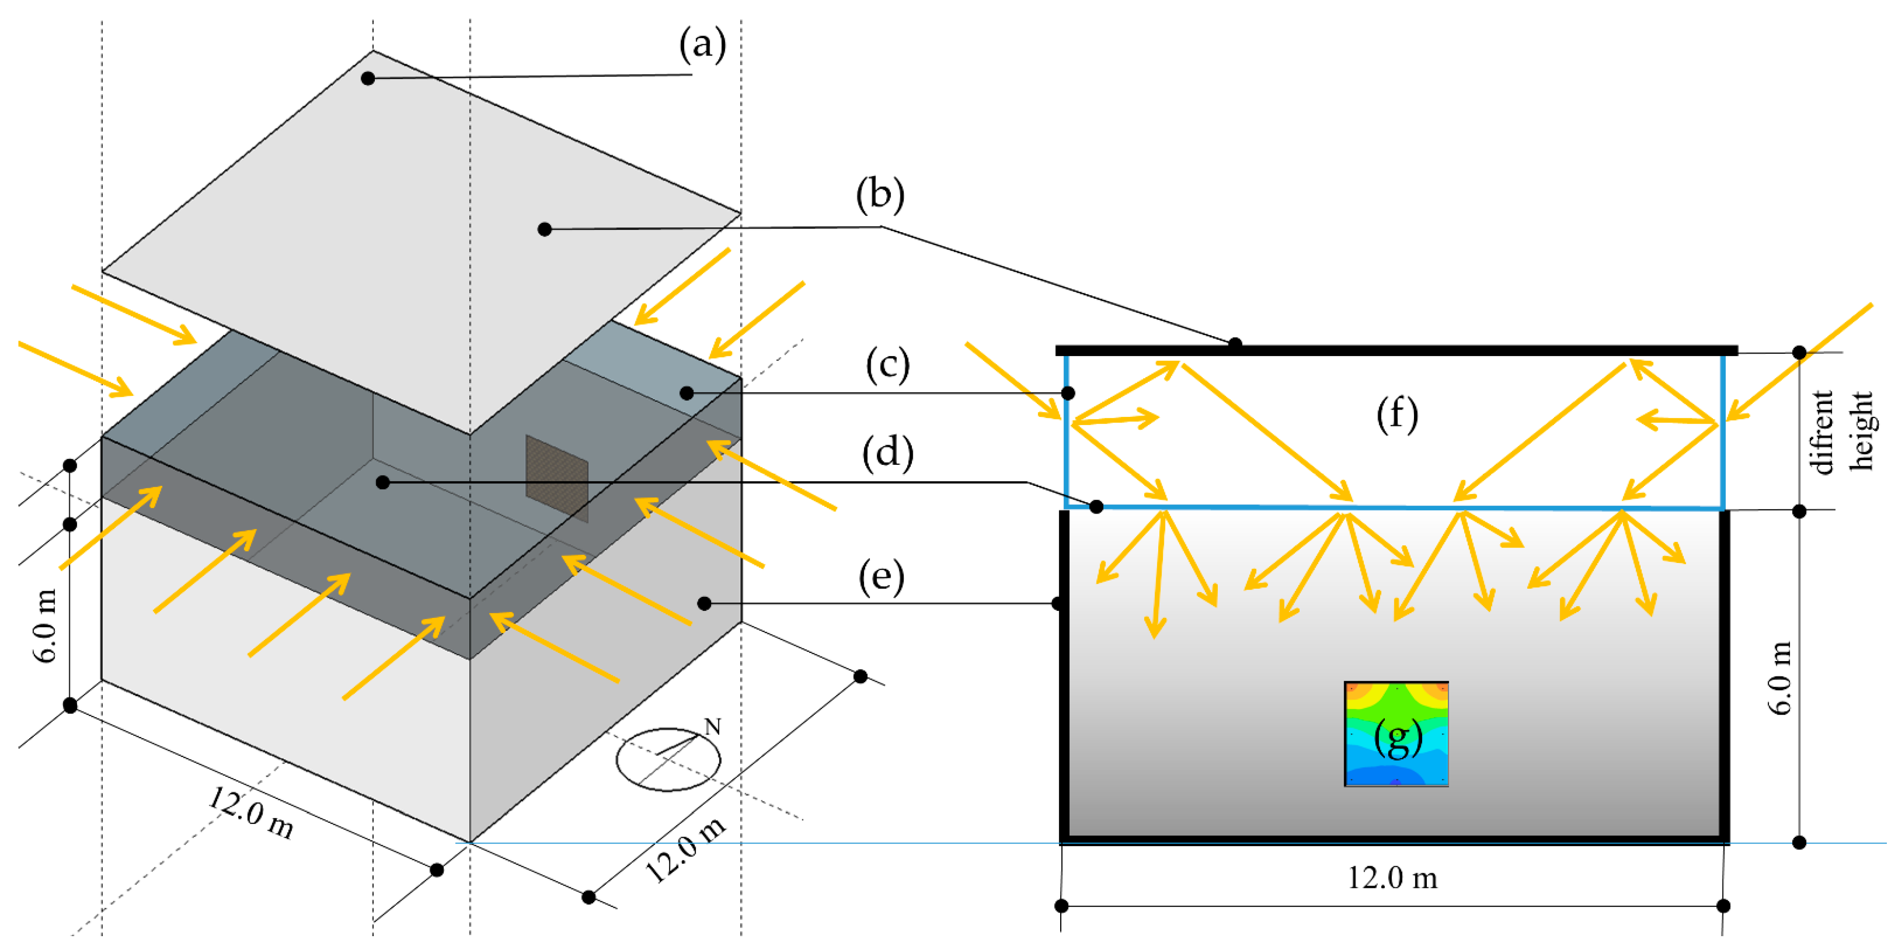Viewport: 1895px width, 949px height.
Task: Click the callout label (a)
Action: point(702,44)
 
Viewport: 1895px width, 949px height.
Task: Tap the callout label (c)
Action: point(887,365)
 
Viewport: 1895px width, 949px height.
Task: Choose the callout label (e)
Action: point(881,578)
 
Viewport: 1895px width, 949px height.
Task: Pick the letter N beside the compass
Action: point(712,727)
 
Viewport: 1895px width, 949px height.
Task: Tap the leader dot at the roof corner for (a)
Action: point(368,78)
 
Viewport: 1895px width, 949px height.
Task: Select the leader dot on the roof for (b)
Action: point(544,229)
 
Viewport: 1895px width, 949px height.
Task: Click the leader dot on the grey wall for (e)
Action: point(704,603)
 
